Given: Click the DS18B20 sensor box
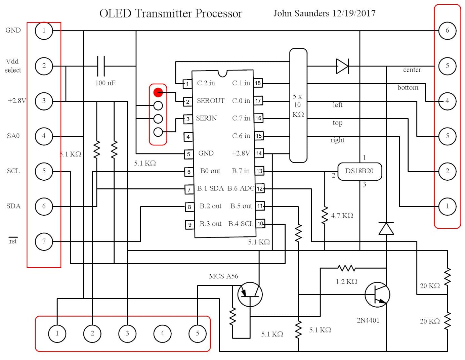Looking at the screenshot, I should pyautogui.click(x=359, y=171).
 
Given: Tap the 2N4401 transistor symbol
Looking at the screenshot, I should pyautogui.click(x=377, y=295).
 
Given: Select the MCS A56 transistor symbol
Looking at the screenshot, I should pyautogui.click(x=250, y=295).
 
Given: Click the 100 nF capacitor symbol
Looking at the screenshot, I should pyautogui.click(x=101, y=66).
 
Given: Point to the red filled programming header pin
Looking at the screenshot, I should pyautogui.click(x=158, y=92).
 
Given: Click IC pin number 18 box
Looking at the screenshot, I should pyautogui.click(x=258, y=83).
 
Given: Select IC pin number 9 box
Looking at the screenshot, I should pyautogui.click(x=190, y=225).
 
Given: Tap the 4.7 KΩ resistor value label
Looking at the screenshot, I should pyautogui.click(x=342, y=216).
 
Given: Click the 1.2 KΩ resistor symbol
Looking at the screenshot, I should pyautogui.click(x=347, y=268).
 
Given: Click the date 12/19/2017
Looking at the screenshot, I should pyautogui.click(x=354, y=13).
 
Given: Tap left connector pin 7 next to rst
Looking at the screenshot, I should pyautogui.click(x=44, y=241).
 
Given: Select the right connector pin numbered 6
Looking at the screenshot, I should pyautogui.click(x=447, y=31).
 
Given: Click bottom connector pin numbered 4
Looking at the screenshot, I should pyautogui.click(x=162, y=333).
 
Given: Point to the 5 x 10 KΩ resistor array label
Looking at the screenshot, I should pyautogui.click(x=298, y=105).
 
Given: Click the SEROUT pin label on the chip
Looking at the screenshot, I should pyautogui.click(x=210, y=101).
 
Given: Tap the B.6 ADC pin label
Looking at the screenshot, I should pyautogui.click(x=241, y=188).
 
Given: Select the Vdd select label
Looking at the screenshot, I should pyautogui.click(x=13, y=66).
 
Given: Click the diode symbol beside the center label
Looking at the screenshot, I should pyautogui.click(x=342, y=66).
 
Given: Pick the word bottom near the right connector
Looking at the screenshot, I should pyautogui.click(x=408, y=88).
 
